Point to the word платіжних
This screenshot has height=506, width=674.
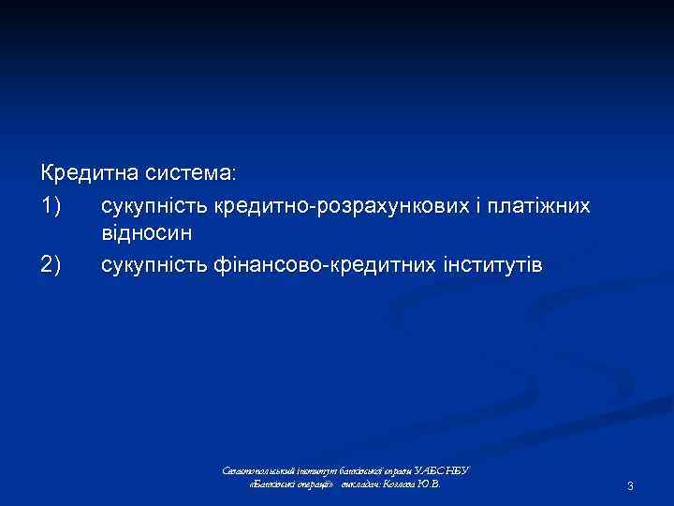[x=544, y=203]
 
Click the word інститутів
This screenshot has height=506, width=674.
[x=494, y=265]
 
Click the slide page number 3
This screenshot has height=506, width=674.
[x=631, y=485]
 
